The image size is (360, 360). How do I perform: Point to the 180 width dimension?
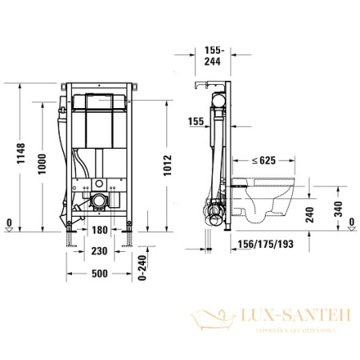[x=100, y=230]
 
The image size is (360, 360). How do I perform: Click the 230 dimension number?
[x=100, y=251]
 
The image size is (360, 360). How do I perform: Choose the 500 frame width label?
[x=100, y=274]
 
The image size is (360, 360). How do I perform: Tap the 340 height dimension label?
[x=338, y=210]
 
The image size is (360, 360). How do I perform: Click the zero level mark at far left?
[x=8, y=225]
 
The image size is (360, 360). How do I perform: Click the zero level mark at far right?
[x=350, y=225]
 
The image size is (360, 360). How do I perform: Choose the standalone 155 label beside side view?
[x=195, y=122]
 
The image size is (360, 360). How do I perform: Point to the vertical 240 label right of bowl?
[x=318, y=214]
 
